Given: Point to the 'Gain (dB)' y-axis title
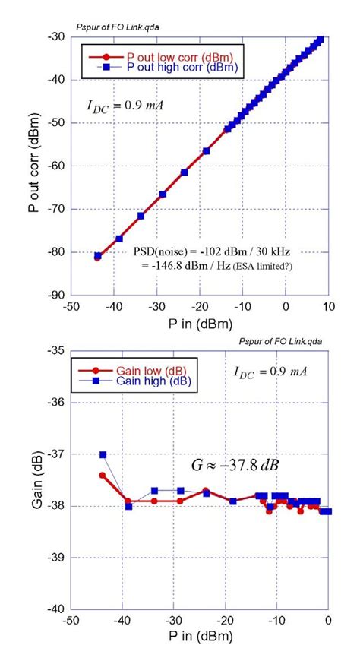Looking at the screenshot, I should tap(34, 479).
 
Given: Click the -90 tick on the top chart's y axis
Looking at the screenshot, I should tap(56, 295).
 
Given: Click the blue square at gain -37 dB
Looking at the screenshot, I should tap(103, 455).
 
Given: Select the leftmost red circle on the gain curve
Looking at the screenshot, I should tap(103, 475).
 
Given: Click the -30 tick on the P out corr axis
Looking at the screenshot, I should tap(56, 36).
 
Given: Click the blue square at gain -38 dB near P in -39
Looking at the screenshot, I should tap(128, 506).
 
